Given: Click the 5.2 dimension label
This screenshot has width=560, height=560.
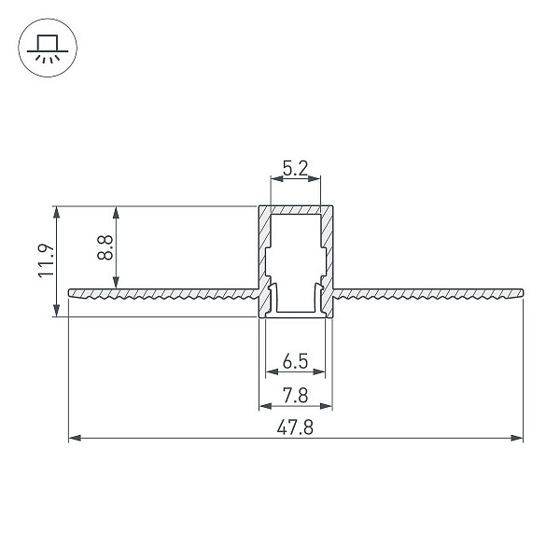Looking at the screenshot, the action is pos(295,168).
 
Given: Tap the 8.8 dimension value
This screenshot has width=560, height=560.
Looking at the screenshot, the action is pos(105,247).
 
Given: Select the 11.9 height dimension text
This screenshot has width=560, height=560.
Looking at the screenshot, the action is pos(46,260).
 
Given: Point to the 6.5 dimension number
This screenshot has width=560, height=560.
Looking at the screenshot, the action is pos(295,361).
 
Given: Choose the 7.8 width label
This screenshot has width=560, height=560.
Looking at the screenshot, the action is pos(295,396).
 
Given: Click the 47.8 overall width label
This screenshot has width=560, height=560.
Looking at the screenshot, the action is pos(295,427).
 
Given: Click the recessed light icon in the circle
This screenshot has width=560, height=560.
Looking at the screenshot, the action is pos(48,48).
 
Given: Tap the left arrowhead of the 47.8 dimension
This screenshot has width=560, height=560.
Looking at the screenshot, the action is pos(75,438).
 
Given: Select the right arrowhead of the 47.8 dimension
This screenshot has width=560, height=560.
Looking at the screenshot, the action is pos(517,438).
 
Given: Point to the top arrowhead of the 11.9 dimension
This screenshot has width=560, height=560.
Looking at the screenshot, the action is pos(56,212).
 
